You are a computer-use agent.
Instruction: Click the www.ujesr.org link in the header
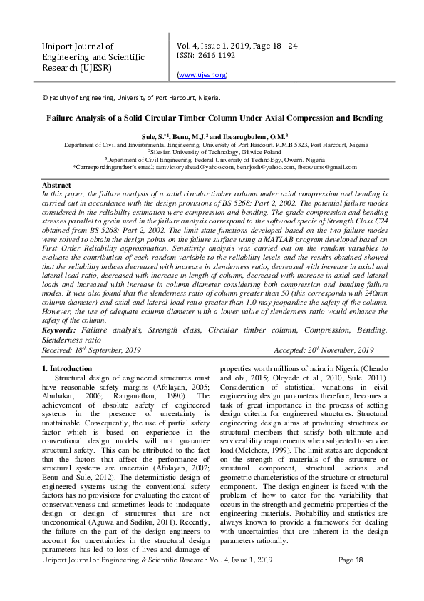pyautogui.click(x=202, y=74)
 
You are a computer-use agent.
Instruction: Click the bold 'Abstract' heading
pyautogui.click(x=57, y=186)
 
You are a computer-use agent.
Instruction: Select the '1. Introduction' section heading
pyautogui.click(x=68, y=368)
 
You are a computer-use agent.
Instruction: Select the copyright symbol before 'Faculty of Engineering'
pyautogui.click(x=45, y=98)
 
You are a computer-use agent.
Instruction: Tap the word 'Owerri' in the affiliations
pyautogui.click(x=280, y=160)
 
